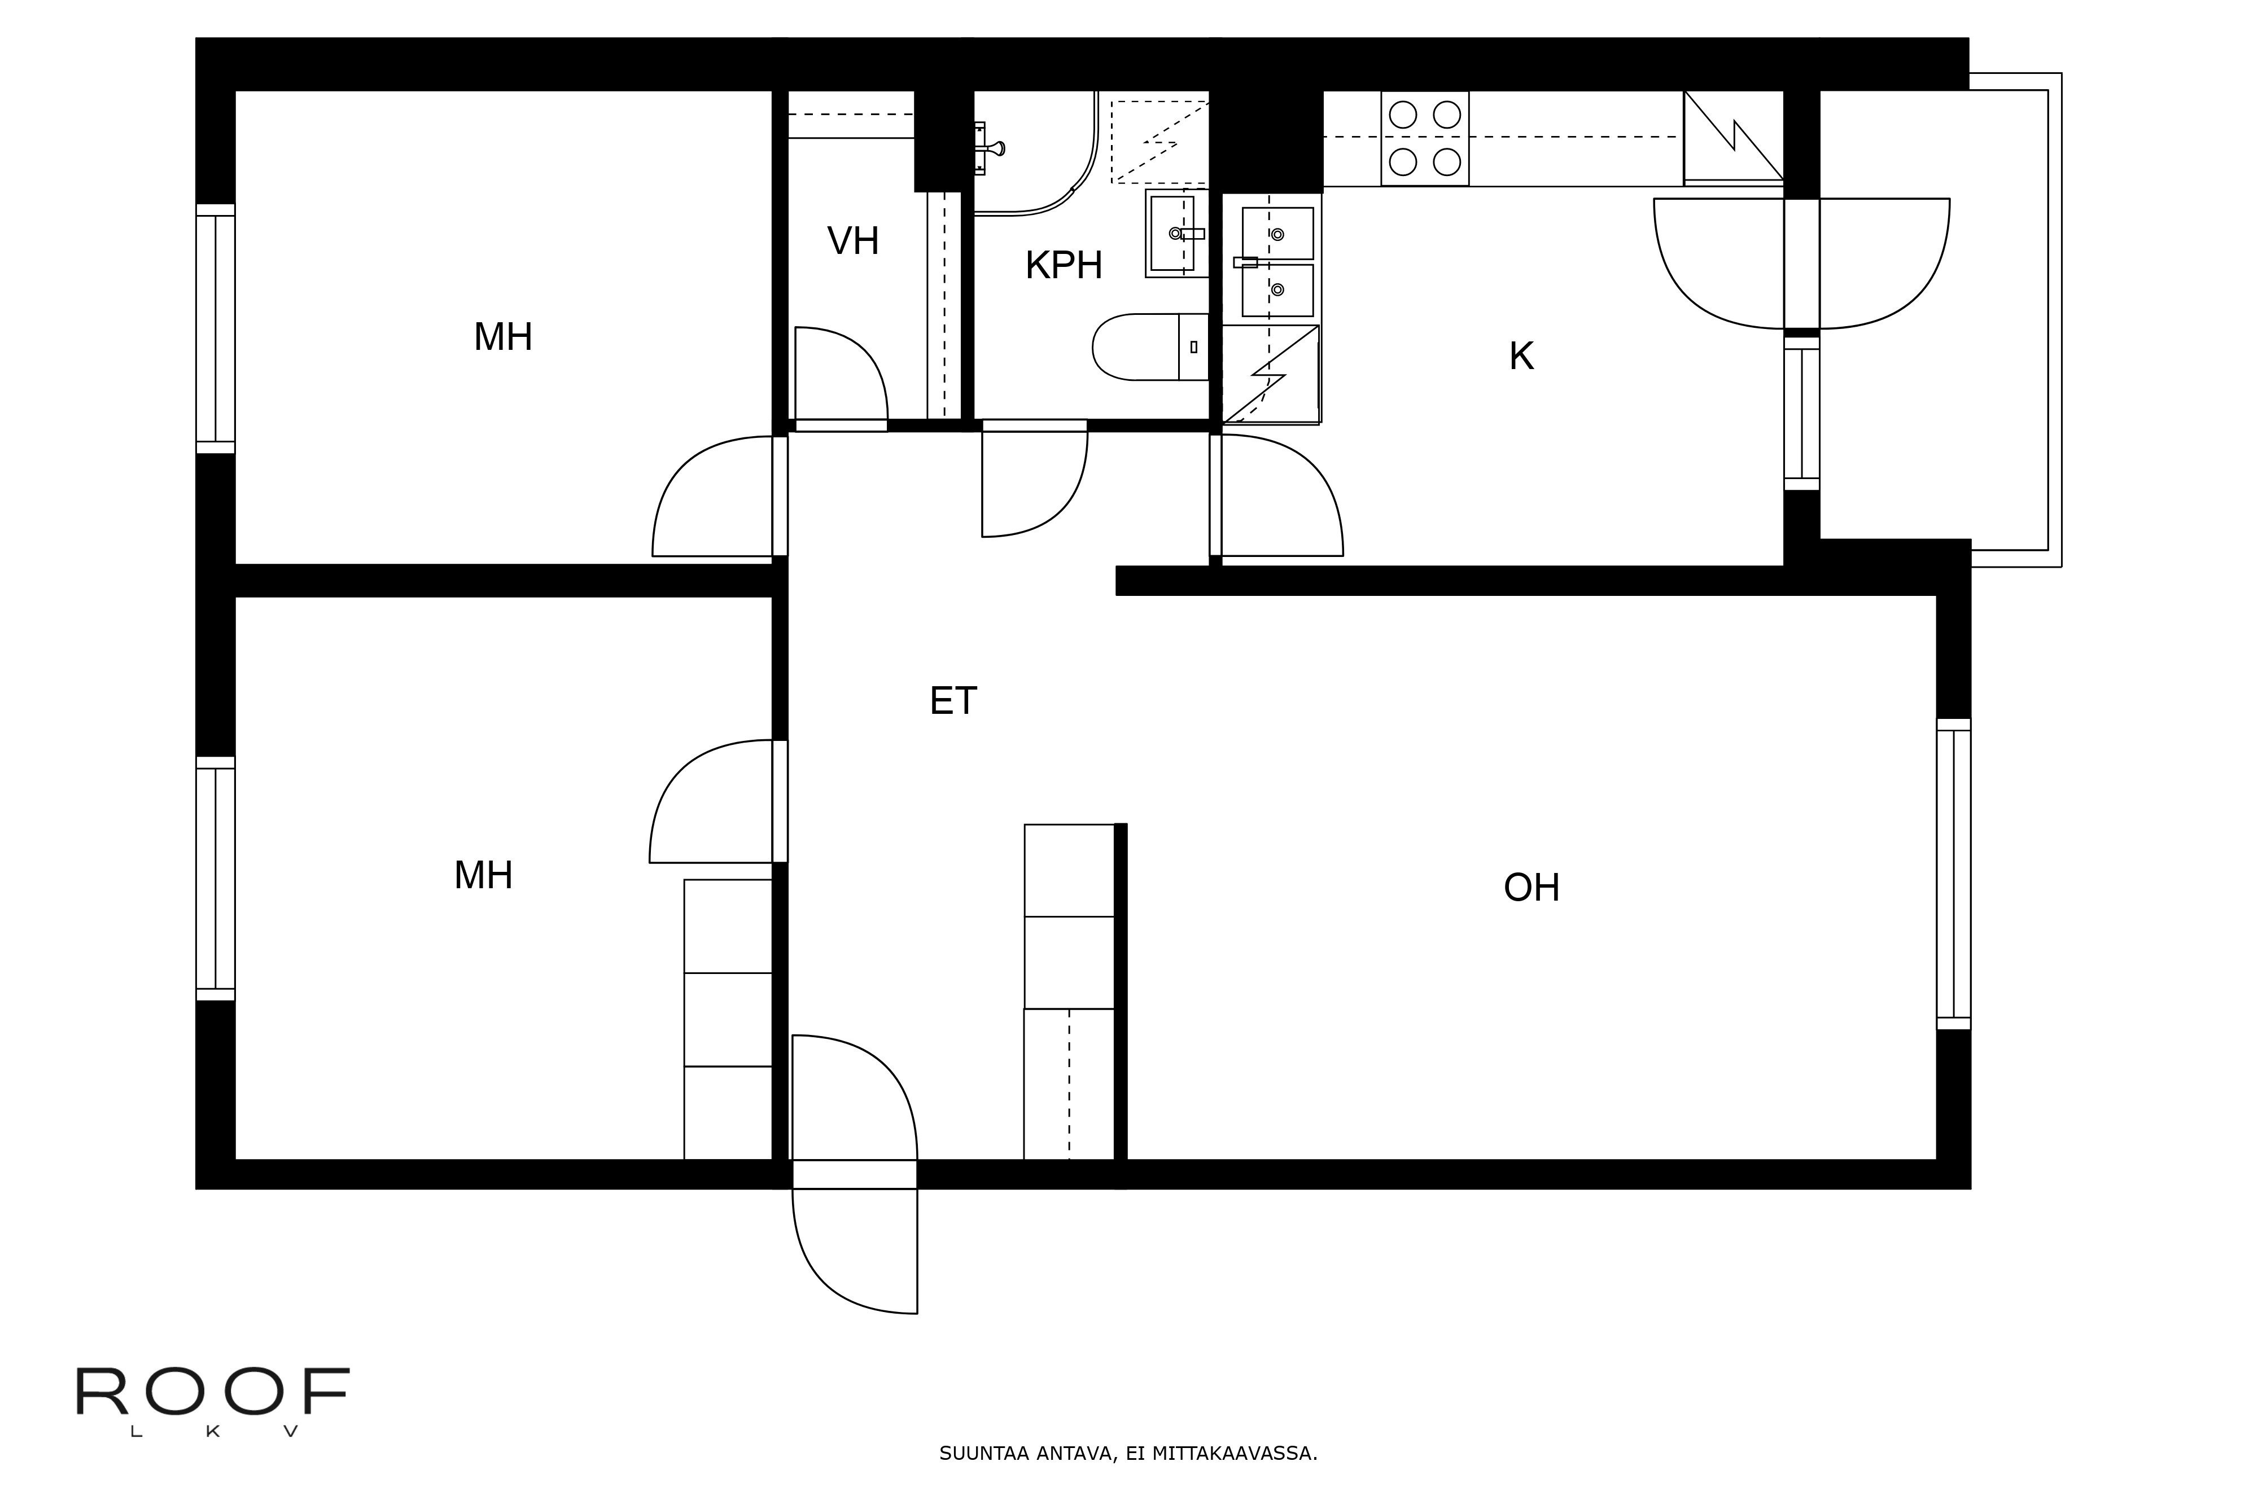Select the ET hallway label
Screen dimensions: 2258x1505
[x=953, y=701]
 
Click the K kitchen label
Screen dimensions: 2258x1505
[x=1521, y=356]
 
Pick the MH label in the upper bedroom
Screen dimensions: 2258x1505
[x=503, y=337]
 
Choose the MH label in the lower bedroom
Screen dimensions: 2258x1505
[x=483, y=875]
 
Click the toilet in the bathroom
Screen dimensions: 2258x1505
[x=1150, y=346]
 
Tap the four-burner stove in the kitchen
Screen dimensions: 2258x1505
[x=1425, y=138]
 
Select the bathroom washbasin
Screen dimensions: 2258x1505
[x=1176, y=233]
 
